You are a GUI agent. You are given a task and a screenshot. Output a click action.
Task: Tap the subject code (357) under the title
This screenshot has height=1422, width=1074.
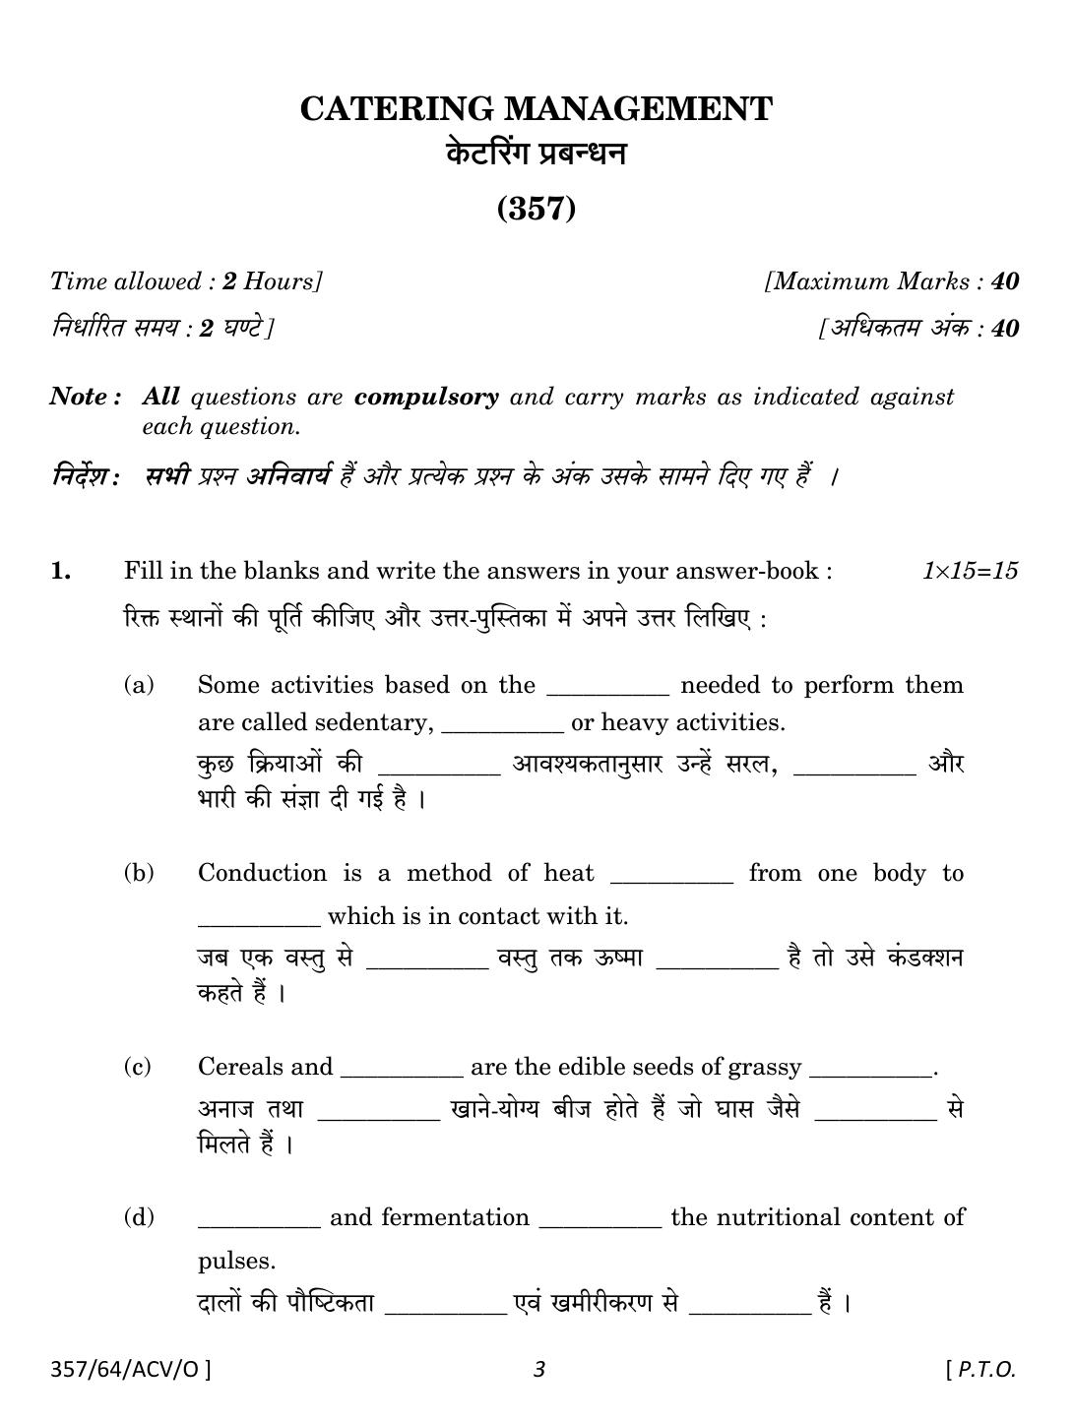click(537, 209)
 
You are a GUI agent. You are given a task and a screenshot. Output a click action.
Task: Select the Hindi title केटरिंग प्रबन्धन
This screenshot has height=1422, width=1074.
click(537, 155)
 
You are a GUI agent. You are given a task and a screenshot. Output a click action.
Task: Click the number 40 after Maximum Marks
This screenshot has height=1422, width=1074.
click(1005, 281)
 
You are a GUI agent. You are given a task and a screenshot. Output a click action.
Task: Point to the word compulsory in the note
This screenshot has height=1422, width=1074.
click(426, 398)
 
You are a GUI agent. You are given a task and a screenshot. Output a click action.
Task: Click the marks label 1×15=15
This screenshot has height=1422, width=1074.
click(970, 571)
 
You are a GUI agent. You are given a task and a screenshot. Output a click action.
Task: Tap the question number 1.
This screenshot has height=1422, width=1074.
click(61, 571)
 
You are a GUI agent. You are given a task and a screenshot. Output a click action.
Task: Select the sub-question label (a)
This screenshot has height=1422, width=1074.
click(139, 685)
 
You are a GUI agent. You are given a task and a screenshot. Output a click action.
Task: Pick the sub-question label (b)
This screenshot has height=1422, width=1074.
click(139, 873)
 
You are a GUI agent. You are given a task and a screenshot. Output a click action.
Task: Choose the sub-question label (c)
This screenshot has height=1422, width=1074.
click(138, 1067)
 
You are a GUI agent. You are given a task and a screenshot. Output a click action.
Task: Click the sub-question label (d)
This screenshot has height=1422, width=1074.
click(139, 1217)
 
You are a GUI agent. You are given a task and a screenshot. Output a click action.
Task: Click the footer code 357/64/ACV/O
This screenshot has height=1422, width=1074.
click(130, 1368)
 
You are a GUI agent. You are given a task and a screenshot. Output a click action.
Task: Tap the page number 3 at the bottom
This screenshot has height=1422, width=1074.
click(538, 1368)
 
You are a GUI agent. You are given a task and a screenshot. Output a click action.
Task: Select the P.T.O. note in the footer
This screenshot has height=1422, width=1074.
click(980, 1368)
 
